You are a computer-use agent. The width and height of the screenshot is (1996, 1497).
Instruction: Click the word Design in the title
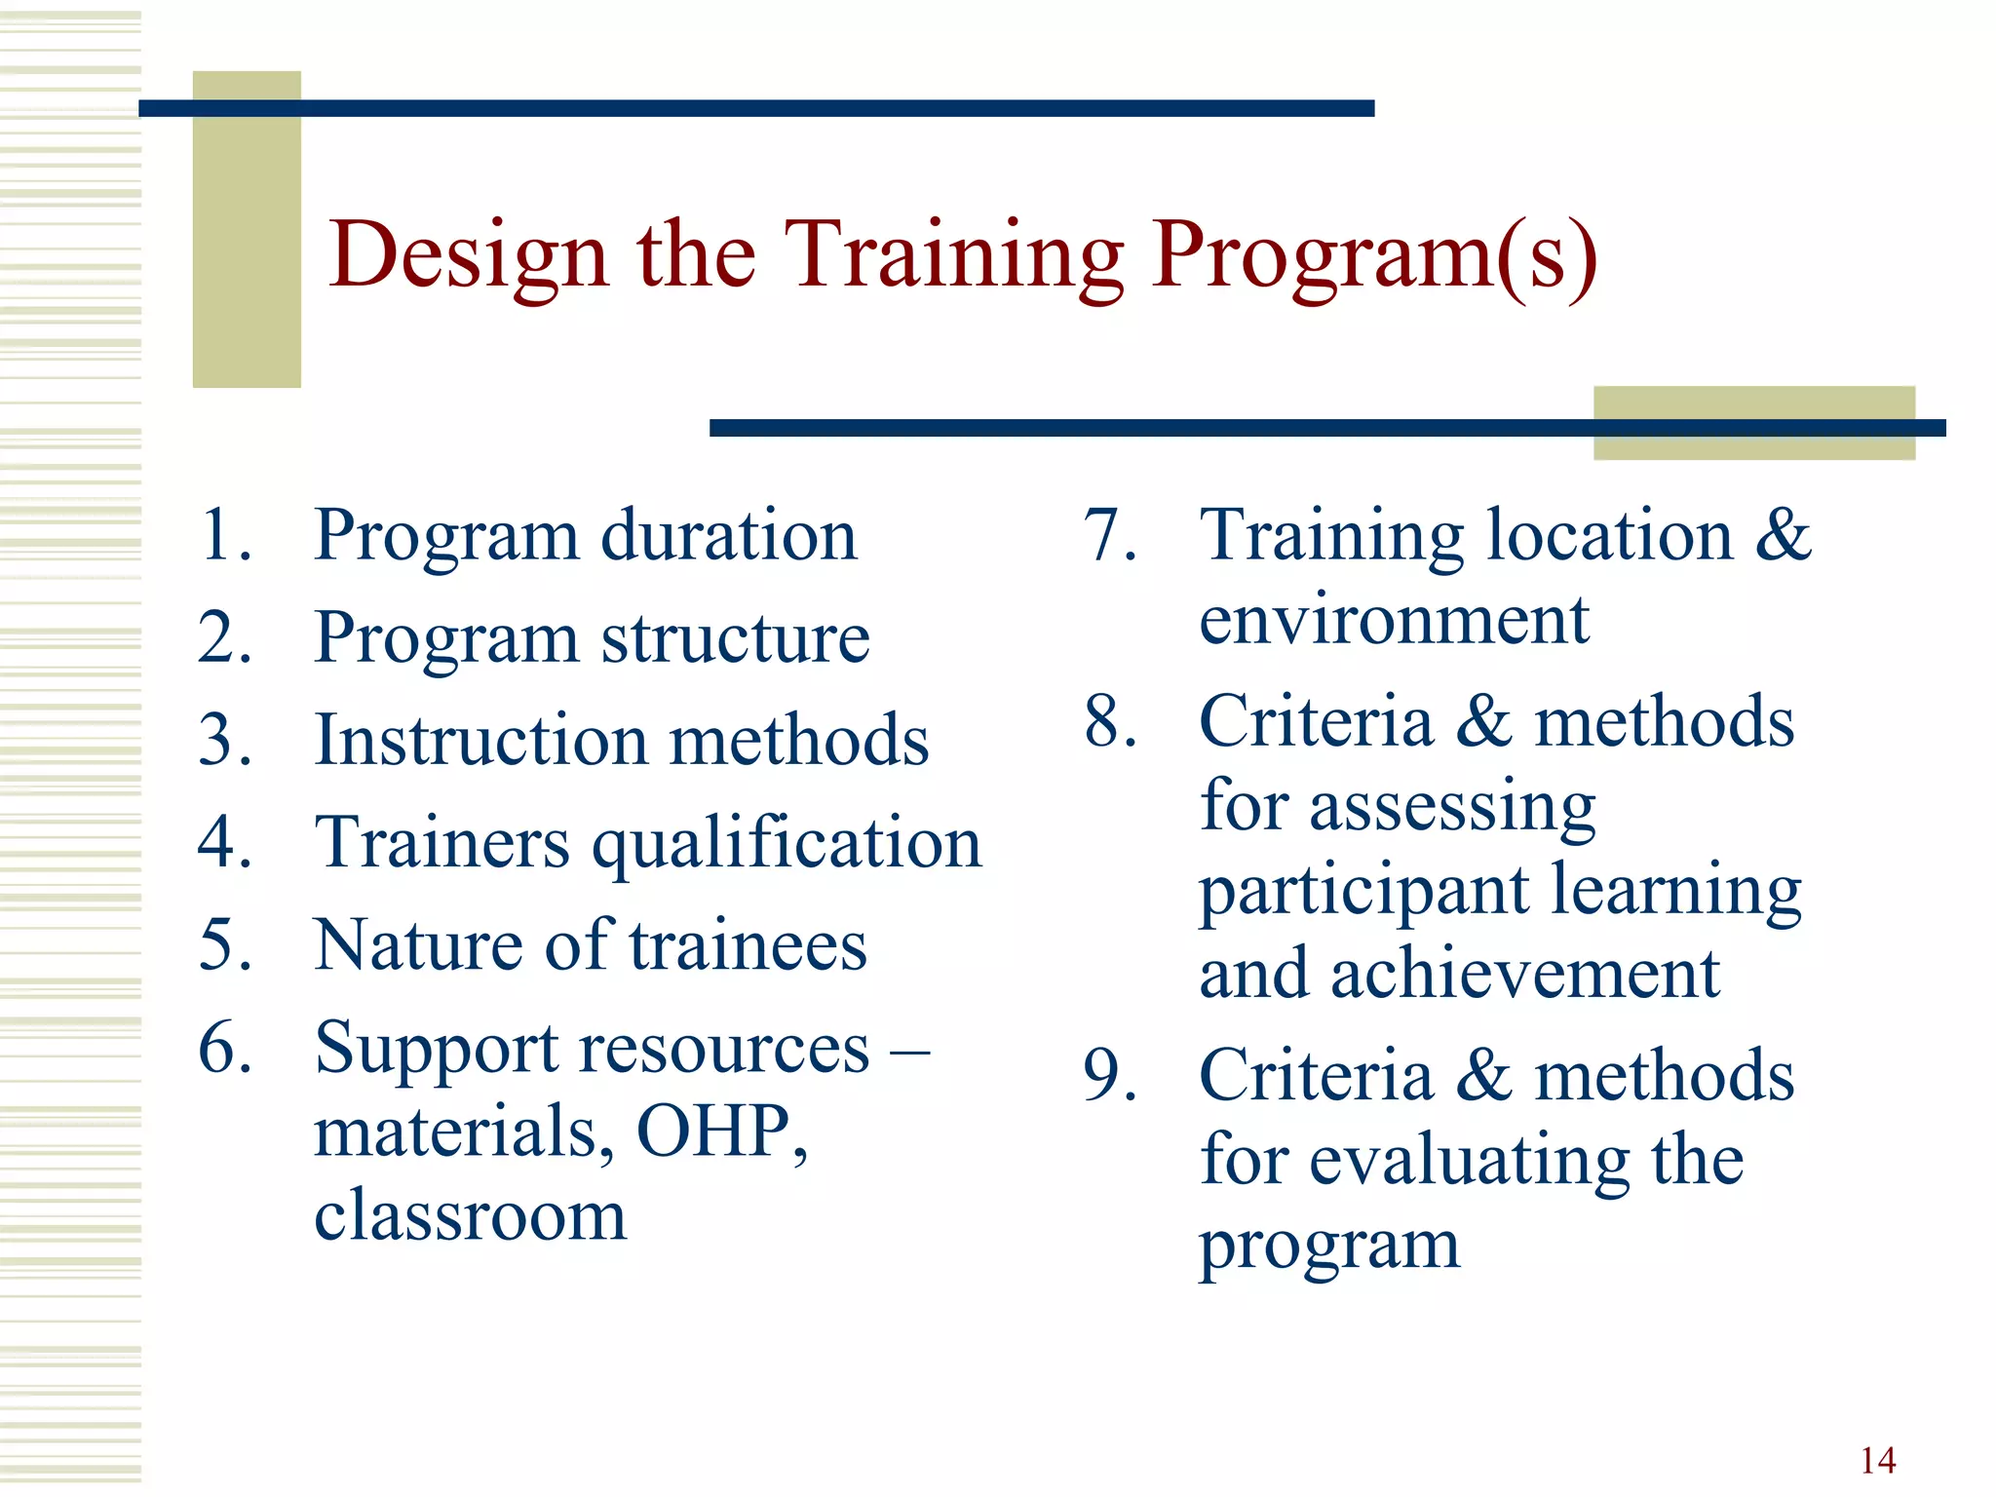[469, 255]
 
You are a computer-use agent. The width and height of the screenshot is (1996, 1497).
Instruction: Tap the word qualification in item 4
[787, 844]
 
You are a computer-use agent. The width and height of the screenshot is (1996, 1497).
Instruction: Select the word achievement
[1524, 974]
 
